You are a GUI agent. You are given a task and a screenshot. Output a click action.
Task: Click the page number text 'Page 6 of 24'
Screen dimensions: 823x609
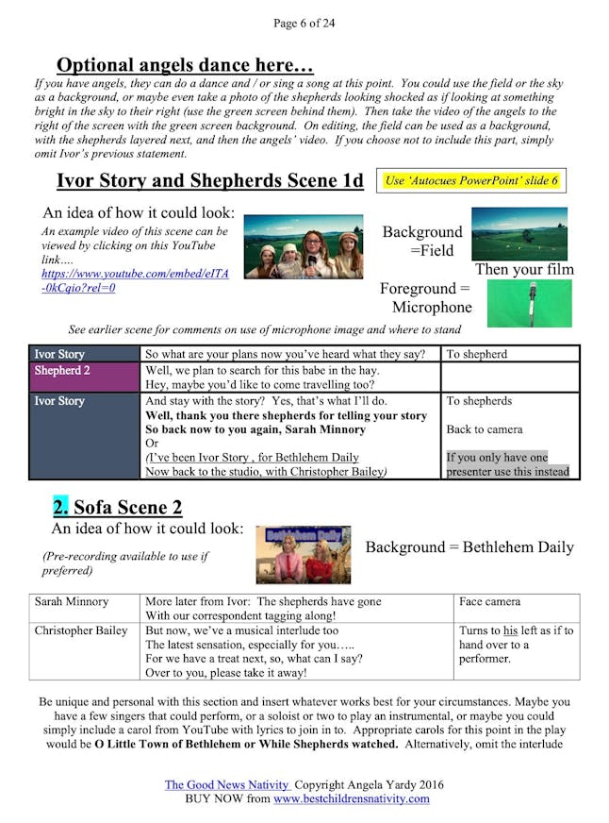click(304, 23)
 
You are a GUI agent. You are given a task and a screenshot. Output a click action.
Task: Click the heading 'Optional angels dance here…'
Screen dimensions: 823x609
click(185, 65)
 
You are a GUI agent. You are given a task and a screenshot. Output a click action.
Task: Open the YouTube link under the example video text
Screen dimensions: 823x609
click(135, 280)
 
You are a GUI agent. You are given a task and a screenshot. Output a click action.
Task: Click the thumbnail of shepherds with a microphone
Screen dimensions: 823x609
click(303, 247)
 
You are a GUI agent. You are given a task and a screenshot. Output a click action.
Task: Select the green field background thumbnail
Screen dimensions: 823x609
click(518, 233)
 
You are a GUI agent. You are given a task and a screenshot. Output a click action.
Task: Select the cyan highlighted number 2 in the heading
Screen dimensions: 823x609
click(60, 509)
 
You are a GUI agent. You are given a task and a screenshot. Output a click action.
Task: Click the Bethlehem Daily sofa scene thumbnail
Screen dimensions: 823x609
click(303, 554)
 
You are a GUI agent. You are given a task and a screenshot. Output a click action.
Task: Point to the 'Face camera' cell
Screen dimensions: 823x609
click(489, 601)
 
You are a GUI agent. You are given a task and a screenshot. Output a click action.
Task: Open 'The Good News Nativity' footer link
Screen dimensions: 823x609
click(227, 784)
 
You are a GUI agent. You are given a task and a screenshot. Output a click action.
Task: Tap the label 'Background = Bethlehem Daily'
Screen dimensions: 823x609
click(469, 547)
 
